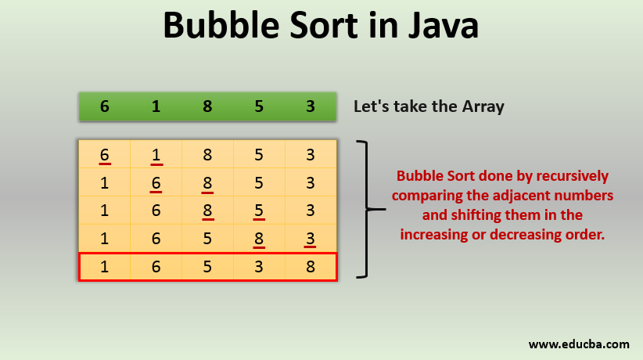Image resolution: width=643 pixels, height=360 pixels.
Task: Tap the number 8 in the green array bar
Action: pyautogui.click(x=207, y=106)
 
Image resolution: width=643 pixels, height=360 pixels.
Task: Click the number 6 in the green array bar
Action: pyautogui.click(x=105, y=106)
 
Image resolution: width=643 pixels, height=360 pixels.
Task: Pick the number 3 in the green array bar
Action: pyautogui.click(x=311, y=106)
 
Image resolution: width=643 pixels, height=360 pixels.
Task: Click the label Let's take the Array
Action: pyautogui.click(x=429, y=106)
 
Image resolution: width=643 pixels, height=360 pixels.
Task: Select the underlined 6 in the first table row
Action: pyautogui.click(x=105, y=155)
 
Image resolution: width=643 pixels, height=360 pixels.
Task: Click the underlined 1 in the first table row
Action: pyautogui.click(x=156, y=155)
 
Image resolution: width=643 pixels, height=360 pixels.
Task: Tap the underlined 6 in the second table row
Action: pyautogui.click(x=156, y=183)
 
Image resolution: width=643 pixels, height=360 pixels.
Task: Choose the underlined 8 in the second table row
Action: pyautogui.click(x=207, y=183)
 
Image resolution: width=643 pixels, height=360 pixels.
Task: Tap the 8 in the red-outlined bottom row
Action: pyautogui.click(x=311, y=267)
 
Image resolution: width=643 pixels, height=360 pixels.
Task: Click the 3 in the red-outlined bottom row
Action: pyautogui.click(x=259, y=267)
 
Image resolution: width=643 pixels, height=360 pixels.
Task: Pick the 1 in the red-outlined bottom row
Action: pyautogui.click(x=105, y=267)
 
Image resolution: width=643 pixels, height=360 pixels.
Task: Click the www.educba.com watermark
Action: pyautogui.click(x=579, y=344)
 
